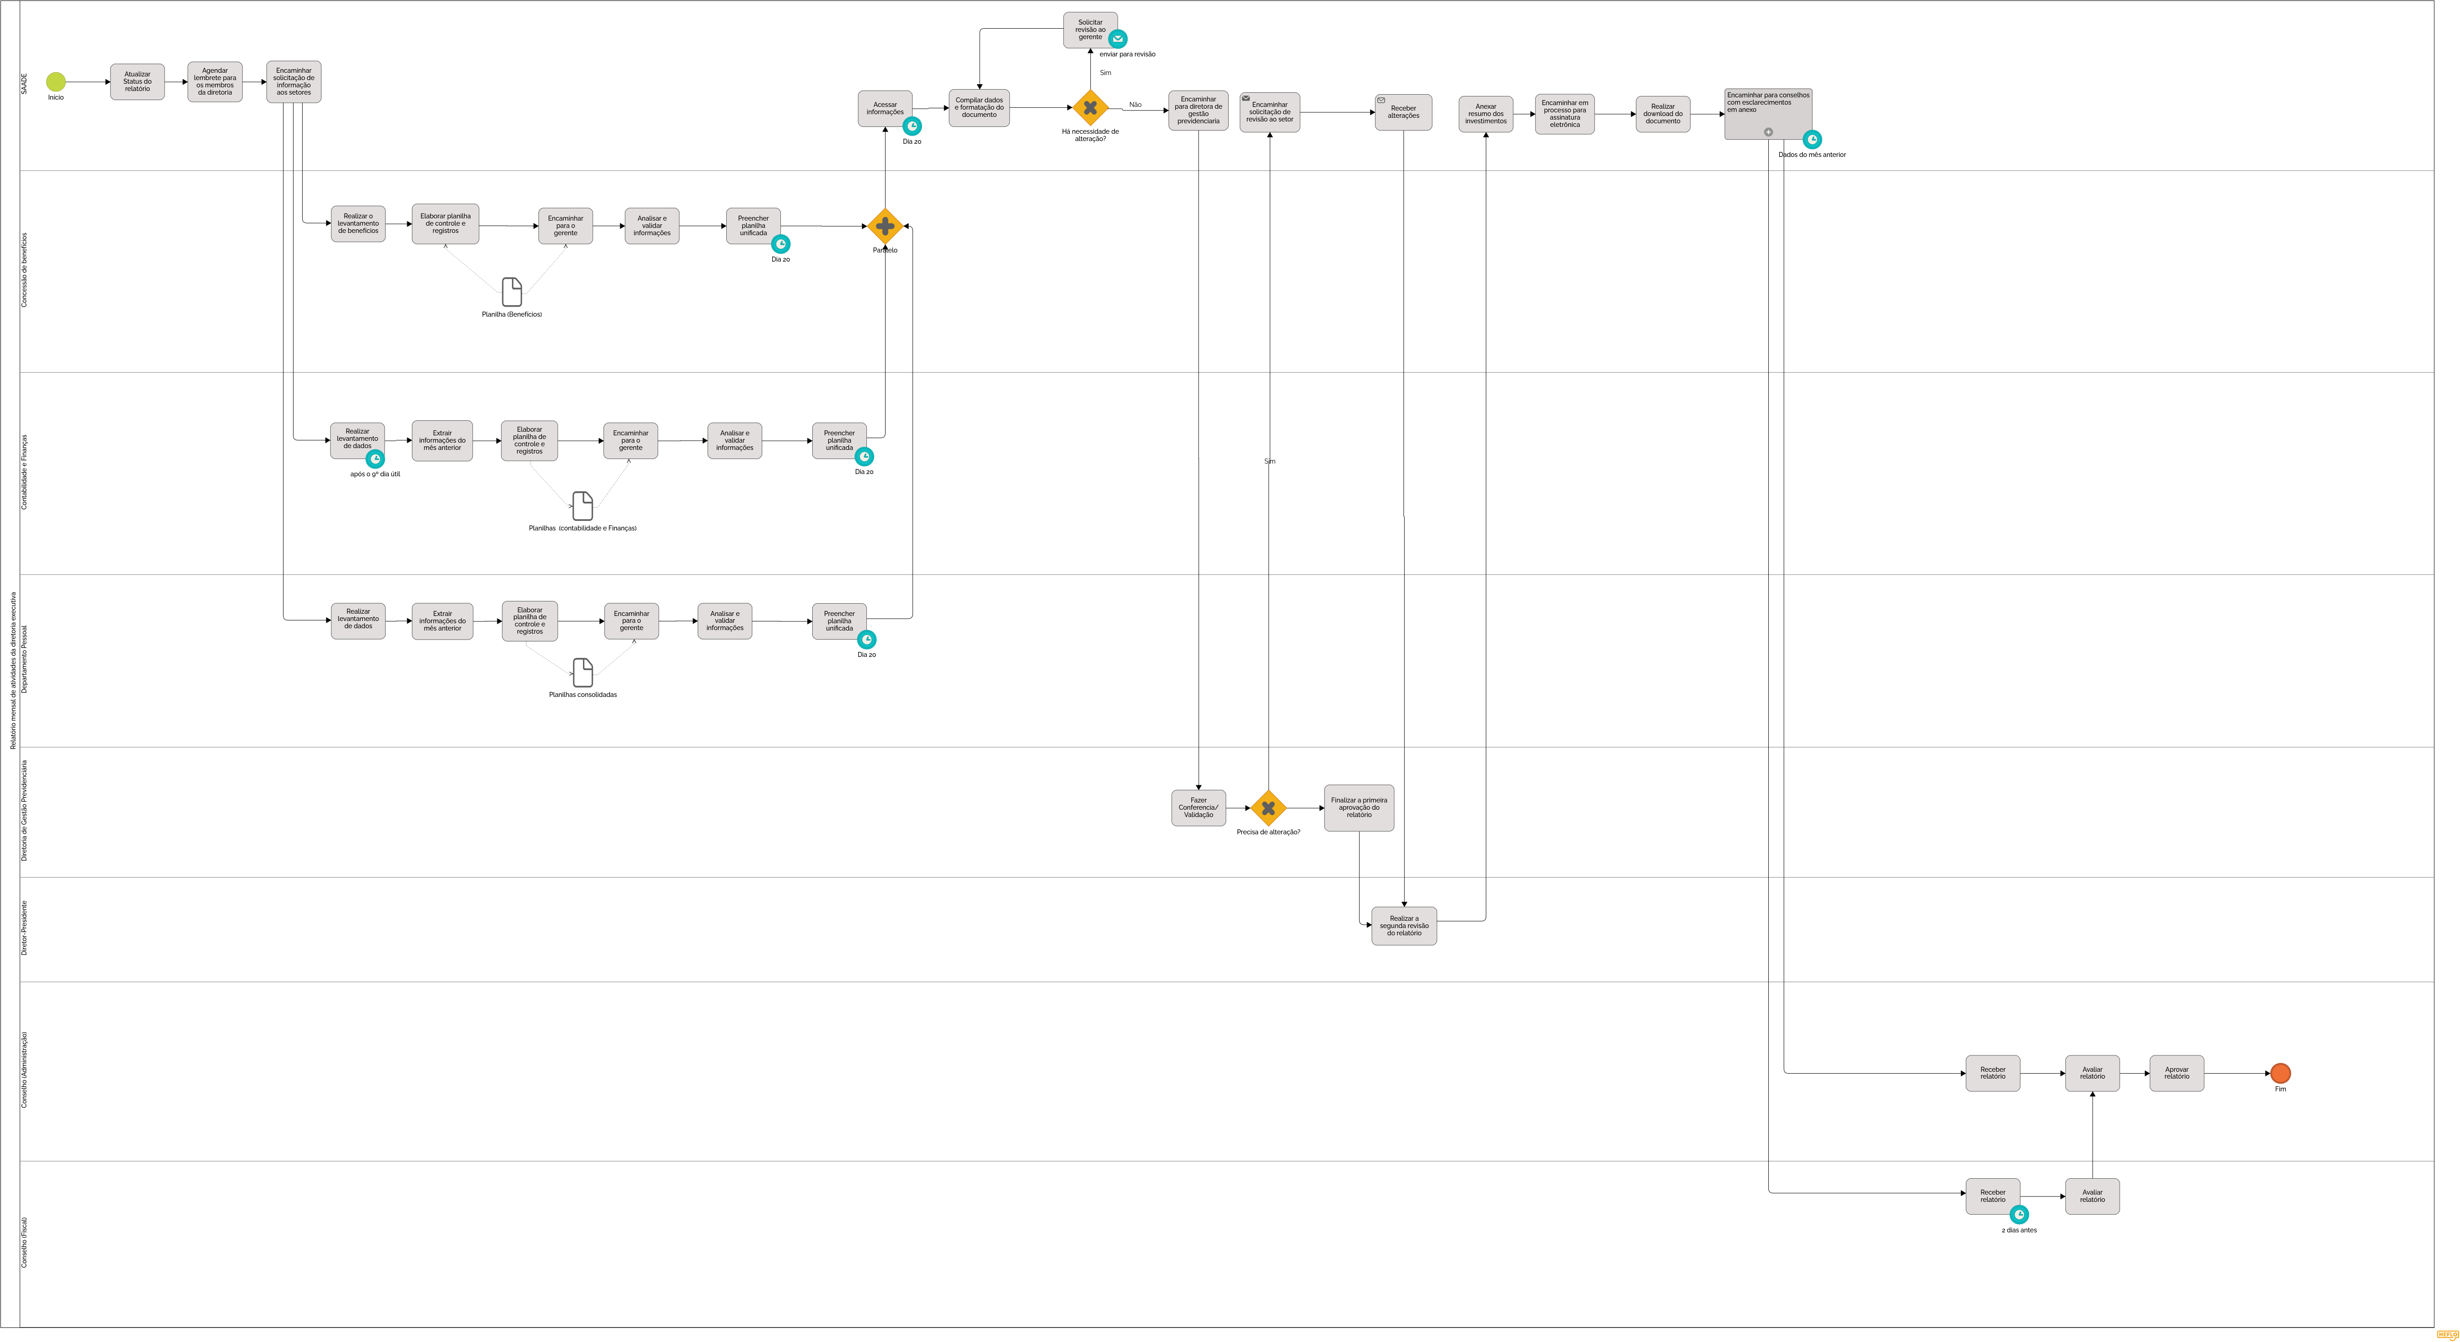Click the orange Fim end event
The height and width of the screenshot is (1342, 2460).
pos(2280,1073)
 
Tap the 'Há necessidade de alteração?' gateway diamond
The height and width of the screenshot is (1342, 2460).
pos(1090,108)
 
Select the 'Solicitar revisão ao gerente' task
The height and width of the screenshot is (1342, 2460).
pos(1090,30)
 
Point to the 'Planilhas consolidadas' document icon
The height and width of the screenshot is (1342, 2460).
pos(582,672)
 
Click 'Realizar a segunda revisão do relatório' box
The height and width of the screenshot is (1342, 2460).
pos(1404,926)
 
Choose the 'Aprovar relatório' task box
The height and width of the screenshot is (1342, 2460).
pos(2177,1073)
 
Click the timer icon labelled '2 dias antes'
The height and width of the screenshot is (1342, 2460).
pos(2019,1214)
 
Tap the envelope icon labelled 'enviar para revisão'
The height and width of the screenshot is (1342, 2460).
pos(1117,39)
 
